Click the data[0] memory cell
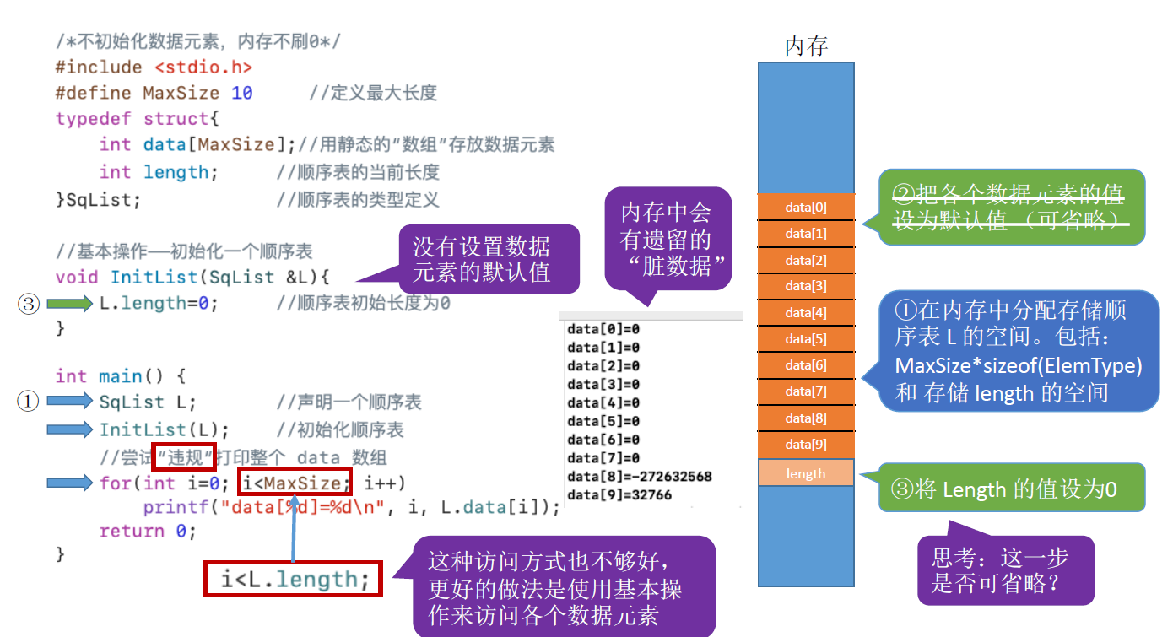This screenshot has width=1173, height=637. pyautogui.click(x=806, y=207)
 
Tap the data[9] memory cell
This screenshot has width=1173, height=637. pyautogui.click(x=806, y=445)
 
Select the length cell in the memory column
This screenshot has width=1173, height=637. pyautogui.click(x=806, y=473)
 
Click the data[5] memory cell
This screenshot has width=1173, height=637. pyautogui.click(x=806, y=339)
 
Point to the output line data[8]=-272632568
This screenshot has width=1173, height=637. pyautogui.click(x=640, y=476)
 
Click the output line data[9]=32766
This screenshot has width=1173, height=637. pyautogui.click(x=619, y=494)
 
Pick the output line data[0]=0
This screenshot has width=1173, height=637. pyautogui.click(x=603, y=328)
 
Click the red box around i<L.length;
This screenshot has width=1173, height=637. pyautogui.click(x=293, y=580)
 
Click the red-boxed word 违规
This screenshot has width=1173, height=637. pyautogui.click(x=184, y=457)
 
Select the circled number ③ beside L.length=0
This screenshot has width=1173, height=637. pyautogui.click(x=29, y=304)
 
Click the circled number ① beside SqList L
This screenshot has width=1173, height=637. pyautogui.click(x=29, y=402)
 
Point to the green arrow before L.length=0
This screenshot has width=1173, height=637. pyautogui.click(x=69, y=304)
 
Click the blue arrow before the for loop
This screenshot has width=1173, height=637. pyautogui.click(x=69, y=483)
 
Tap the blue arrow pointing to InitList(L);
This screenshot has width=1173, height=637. pyautogui.click(x=69, y=429)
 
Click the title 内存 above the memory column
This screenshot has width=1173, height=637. pyautogui.click(x=806, y=46)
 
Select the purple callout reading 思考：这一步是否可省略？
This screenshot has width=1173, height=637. pyautogui.click(x=1005, y=570)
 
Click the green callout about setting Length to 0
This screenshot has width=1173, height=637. pyautogui.click(x=1011, y=488)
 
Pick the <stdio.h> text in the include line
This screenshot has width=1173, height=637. pyautogui.click(x=203, y=67)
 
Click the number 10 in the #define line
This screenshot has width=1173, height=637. pyautogui.click(x=242, y=93)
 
